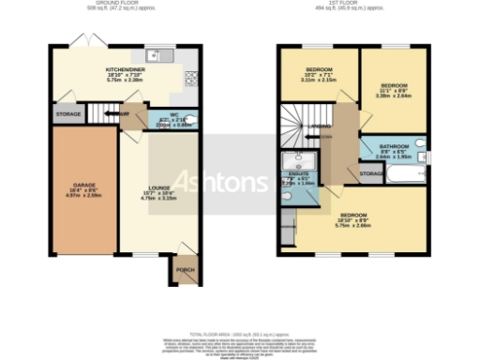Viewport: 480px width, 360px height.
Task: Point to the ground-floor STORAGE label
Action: (68, 114)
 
